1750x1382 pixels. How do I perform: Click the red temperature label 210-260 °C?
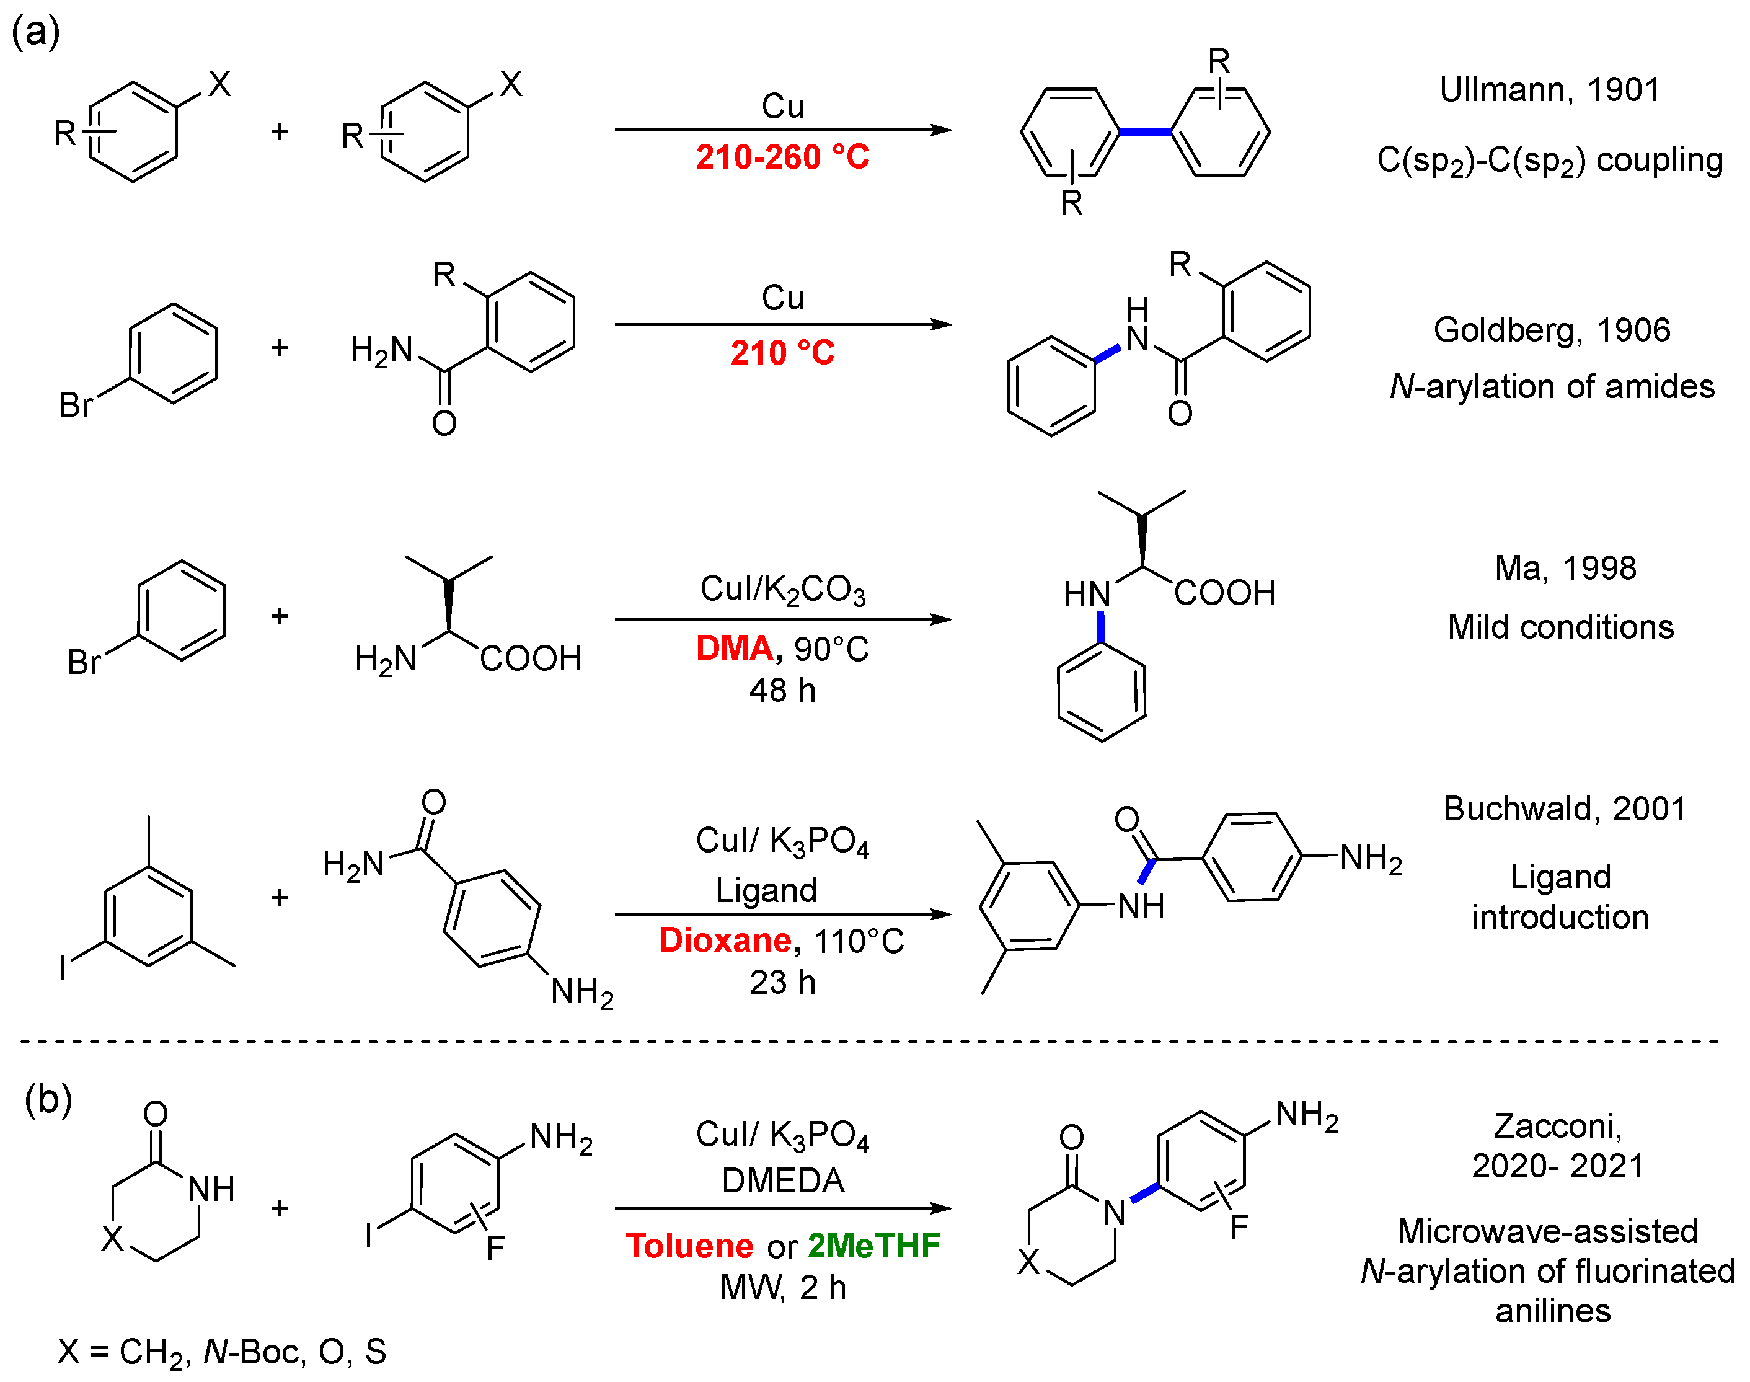(782, 157)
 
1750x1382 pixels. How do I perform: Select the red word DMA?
(734, 648)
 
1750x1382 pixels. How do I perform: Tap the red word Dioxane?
(725, 940)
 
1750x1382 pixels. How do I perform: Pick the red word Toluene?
(689, 1245)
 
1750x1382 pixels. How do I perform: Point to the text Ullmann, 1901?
(1549, 90)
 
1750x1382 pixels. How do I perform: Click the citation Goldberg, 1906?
(1551, 330)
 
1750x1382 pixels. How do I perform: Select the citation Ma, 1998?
(1565, 568)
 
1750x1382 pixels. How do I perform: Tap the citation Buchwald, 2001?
(1564, 809)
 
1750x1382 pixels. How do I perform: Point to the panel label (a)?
(35, 32)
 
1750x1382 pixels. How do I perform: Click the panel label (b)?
(48, 1100)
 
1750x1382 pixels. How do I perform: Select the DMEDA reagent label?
(782, 1180)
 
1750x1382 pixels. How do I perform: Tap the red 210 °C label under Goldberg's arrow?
(782, 353)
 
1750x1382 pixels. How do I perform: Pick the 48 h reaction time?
(782, 690)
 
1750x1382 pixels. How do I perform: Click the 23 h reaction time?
(782, 982)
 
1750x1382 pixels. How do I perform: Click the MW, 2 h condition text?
(782, 1287)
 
